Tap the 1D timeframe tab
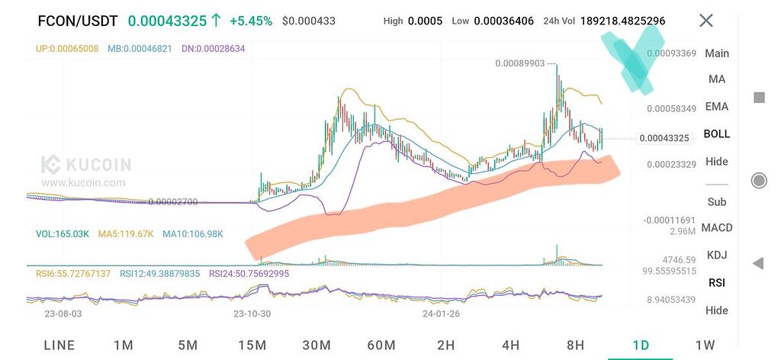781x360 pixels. [641, 345]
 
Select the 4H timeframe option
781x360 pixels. [511, 345]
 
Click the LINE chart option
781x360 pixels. [59, 345]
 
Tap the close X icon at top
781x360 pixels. [706, 21]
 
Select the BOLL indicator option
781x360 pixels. [716, 133]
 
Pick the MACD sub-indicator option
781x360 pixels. [716, 227]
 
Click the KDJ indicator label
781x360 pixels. [716, 255]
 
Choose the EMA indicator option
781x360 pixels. [716, 106]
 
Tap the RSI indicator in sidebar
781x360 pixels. [716, 282]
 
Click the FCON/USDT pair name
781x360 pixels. [79, 21]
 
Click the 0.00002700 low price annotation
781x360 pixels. [173, 202]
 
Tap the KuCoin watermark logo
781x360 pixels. [85, 165]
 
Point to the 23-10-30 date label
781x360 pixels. [252, 313]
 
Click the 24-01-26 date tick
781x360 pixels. [441, 313]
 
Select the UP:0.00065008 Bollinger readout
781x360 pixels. [66, 49]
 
